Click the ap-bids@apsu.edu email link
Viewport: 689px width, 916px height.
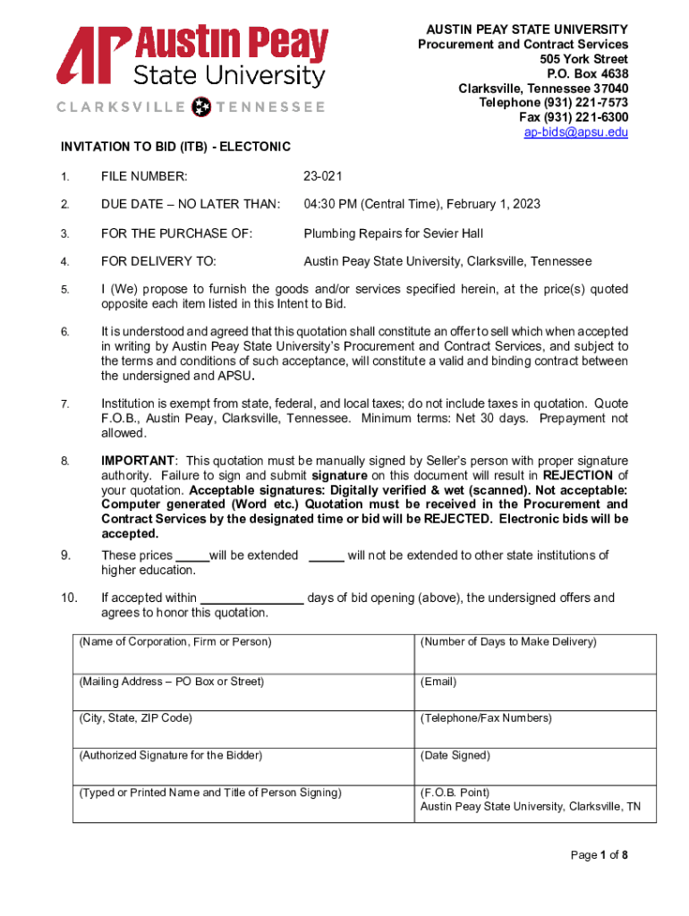pos(576,132)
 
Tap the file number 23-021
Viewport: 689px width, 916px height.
pos(323,176)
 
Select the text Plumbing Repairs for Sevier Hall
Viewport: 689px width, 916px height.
pos(393,233)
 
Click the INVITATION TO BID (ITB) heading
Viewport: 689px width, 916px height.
pos(175,146)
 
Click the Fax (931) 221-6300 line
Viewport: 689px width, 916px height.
pos(574,117)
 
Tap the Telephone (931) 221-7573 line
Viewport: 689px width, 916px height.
pos(554,103)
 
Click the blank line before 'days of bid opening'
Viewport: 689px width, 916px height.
pos(251,598)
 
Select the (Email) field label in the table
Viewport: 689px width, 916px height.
pos(438,682)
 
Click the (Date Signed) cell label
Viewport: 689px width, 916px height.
pos(455,756)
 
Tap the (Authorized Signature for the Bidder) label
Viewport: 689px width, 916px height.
pos(171,756)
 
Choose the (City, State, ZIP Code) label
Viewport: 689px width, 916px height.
pos(135,718)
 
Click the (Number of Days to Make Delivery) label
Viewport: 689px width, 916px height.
pos(508,642)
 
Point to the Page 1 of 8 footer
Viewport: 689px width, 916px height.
pos(600,855)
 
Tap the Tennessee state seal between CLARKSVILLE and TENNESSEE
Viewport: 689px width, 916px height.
pos(202,106)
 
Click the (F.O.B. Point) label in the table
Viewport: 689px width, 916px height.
pos(455,793)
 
